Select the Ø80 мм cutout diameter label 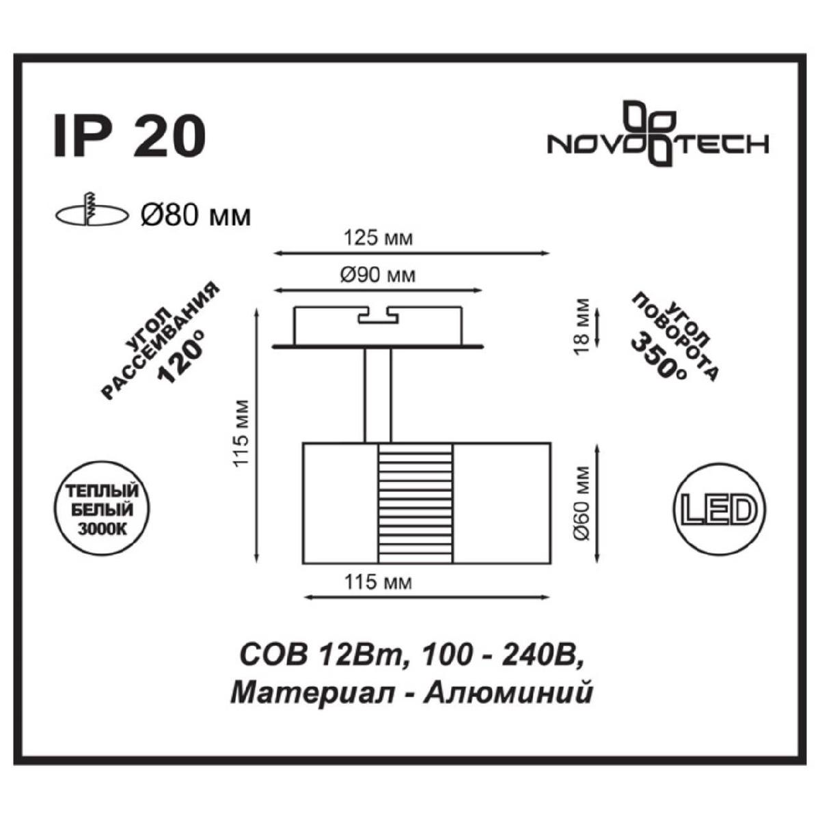point(195,216)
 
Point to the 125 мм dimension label point(379,238)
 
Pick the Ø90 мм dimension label point(377,276)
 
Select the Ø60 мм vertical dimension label point(582,504)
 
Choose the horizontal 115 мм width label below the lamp point(379,583)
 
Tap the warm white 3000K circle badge point(102,509)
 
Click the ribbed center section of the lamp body point(415,504)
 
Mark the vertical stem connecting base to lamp point(377,396)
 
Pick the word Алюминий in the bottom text point(507,694)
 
